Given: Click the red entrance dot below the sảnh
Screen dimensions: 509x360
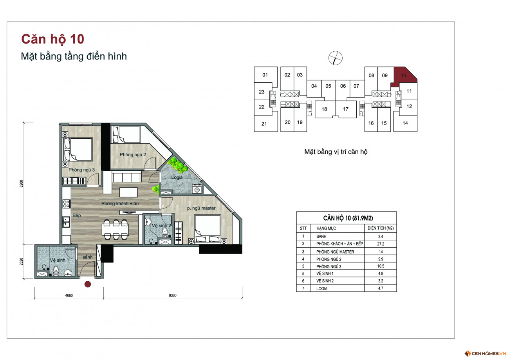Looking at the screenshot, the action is click(88, 284).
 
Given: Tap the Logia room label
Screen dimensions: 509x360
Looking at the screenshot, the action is click(177, 177).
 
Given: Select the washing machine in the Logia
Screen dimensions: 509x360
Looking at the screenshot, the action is click(197, 189).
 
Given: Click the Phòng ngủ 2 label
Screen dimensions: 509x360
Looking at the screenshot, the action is click(133, 155).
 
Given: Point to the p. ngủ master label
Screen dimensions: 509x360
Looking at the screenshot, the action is click(201, 208).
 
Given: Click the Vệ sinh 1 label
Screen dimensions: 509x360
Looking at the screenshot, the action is click(59, 260).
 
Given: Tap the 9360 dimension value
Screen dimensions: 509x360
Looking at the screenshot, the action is click(173, 295).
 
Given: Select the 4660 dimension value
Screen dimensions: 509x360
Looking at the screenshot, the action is click(69, 295).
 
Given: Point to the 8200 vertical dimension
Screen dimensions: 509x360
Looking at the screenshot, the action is click(22, 184).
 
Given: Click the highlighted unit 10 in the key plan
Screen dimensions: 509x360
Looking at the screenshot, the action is click(404, 76).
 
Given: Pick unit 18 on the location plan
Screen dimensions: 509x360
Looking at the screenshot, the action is click(324, 109).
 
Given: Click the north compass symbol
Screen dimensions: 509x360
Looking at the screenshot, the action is click(336, 58).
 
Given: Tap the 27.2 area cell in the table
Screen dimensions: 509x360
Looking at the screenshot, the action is click(381, 244).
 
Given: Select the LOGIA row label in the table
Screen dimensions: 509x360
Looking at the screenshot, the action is click(322, 289).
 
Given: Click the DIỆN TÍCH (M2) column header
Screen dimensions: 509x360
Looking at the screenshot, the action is click(381, 228).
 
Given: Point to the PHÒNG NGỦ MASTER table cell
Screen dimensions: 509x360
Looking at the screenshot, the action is click(335, 252).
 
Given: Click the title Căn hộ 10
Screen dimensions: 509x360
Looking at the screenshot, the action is click(53, 39).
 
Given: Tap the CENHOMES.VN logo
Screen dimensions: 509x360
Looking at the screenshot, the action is click(485, 353).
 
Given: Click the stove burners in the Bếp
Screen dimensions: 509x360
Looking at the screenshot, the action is click(66, 204).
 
